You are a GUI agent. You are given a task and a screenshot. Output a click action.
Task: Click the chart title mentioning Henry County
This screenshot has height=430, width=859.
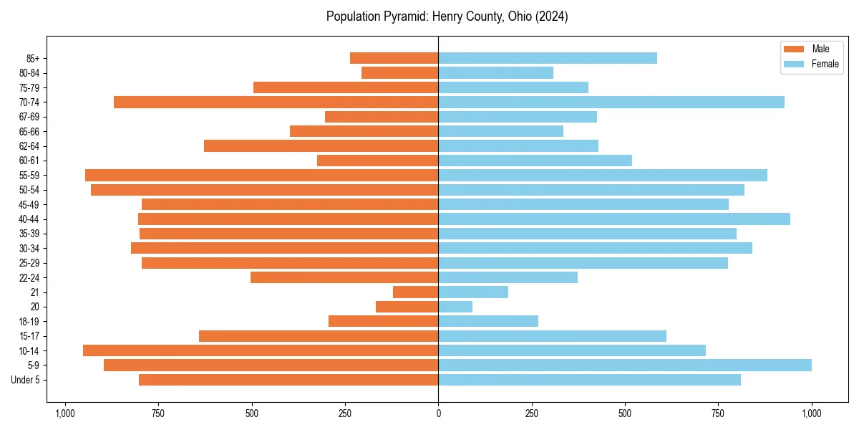447,16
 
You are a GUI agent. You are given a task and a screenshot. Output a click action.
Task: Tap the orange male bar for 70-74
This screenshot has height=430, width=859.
276,102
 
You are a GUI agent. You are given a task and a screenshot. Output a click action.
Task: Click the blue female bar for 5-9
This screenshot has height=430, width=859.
625,365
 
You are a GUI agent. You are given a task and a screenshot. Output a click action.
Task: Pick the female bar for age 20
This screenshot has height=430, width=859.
455,307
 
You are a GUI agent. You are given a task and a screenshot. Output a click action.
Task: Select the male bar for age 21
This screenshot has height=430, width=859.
416,292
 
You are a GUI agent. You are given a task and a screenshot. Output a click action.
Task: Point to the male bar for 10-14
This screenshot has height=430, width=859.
261,350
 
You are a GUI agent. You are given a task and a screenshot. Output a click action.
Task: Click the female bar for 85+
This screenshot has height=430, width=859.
548,58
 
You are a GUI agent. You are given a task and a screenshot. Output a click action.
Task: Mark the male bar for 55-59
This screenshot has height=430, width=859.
262,176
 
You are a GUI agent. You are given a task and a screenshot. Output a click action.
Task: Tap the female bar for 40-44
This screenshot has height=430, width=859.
614,219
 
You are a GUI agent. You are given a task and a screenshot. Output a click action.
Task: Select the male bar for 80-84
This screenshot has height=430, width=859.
400,73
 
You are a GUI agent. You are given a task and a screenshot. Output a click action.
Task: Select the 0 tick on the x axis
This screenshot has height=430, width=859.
438,414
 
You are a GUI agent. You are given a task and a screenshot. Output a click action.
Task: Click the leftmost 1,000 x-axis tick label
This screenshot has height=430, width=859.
65,414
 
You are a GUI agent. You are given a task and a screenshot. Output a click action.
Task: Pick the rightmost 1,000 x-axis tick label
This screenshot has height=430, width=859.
812,414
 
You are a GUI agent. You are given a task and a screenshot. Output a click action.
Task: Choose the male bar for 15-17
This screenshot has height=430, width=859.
319,336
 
